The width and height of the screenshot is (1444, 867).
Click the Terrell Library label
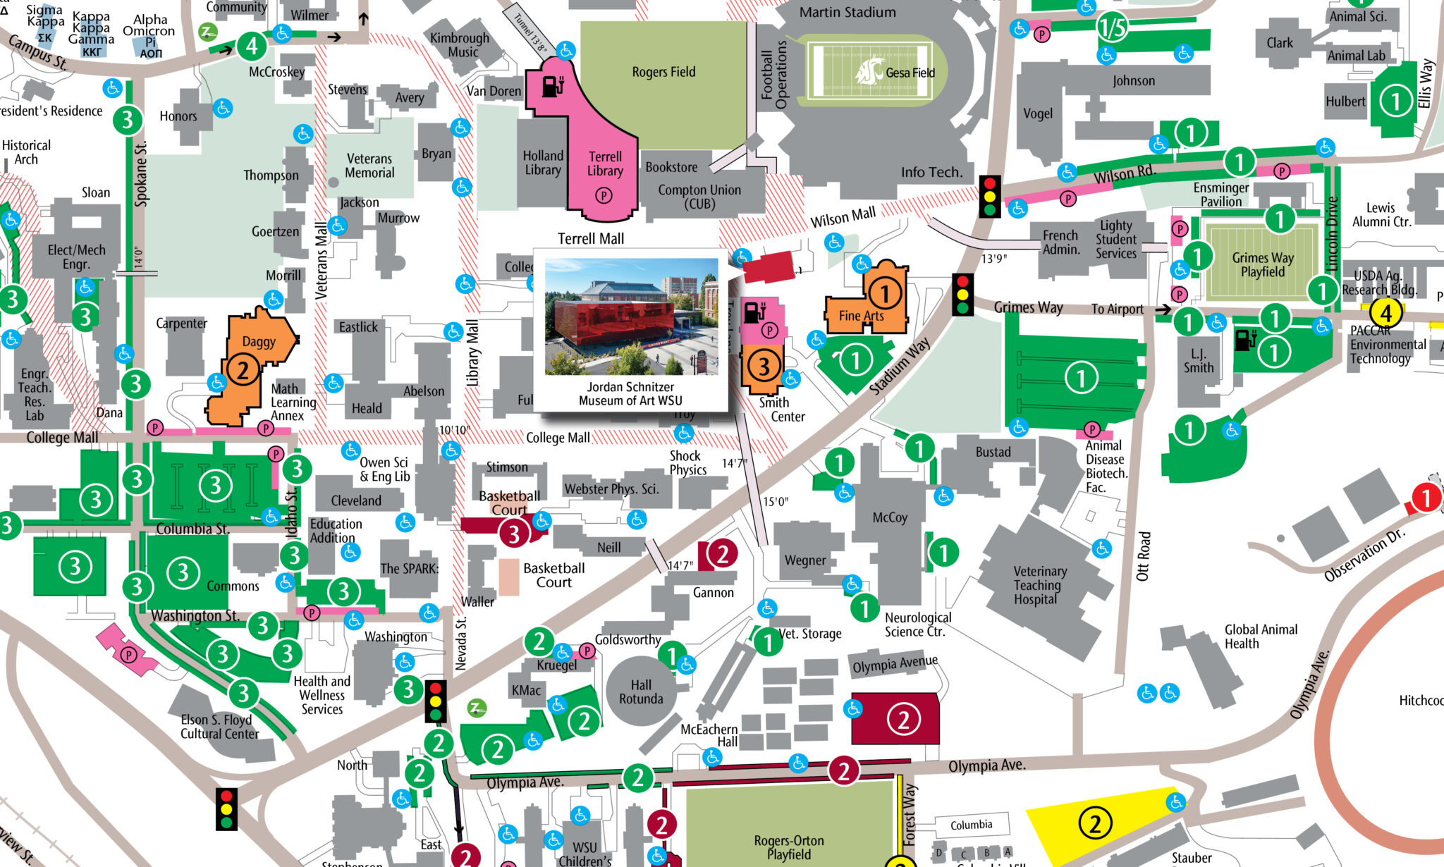(x=605, y=164)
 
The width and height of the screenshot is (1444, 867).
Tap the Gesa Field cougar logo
(x=869, y=71)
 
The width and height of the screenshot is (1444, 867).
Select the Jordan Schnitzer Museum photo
(x=631, y=316)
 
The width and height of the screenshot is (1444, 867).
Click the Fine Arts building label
(x=861, y=316)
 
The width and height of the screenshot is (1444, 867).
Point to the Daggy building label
(x=259, y=342)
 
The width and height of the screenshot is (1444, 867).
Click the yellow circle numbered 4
(x=1385, y=312)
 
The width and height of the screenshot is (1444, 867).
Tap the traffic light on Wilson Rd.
(x=989, y=195)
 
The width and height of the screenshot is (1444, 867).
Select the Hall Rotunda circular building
(x=641, y=691)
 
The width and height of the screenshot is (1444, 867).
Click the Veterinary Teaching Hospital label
(x=1039, y=585)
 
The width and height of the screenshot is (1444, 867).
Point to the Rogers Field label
(x=663, y=72)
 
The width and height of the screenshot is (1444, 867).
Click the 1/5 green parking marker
(x=1112, y=27)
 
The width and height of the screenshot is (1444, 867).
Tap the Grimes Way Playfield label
(x=1262, y=264)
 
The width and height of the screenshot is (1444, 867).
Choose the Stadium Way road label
(x=899, y=366)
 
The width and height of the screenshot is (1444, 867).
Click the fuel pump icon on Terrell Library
(x=553, y=86)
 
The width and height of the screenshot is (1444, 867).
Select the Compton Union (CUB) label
(x=699, y=197)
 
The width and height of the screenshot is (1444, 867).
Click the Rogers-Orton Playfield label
(x=788, y=847)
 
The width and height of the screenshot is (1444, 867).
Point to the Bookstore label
(x=671, y=167)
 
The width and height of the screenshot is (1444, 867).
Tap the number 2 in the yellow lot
(x=1094, y=823)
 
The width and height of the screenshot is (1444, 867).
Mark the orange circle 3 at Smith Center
(x=763, y=365)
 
